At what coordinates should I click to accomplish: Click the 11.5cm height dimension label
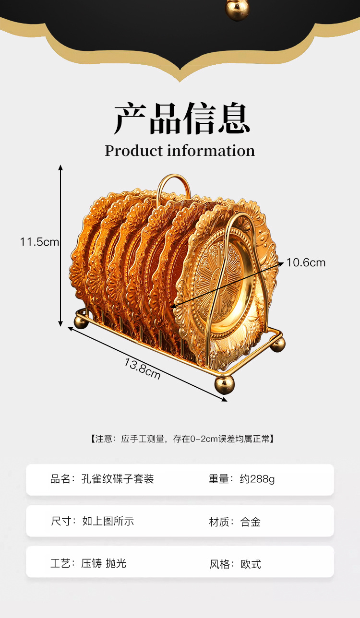(x=39, y=242)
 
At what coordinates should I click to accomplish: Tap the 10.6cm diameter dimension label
(x=306, y=262)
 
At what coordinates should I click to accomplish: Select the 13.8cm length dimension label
(x=143, y=368)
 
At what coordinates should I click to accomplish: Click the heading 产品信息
(x=181, y=119)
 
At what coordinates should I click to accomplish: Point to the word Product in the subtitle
(x=134, y=151)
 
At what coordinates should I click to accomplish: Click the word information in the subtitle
(x=211, y=151)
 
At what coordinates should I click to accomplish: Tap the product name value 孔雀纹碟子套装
(x=118, y=479)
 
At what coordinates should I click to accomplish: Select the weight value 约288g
(x=257, y=479)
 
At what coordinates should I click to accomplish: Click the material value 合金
(x=251, y=522)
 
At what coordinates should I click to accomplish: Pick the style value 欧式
(x=251, y=564)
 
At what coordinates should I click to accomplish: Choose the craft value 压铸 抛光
(x=104, y=563)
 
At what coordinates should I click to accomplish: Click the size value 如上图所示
(x=108, y=521)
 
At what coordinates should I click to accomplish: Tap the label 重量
(x=219, y=479)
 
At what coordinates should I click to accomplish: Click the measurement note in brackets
(x=181, y=439)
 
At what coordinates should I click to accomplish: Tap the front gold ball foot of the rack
(x=224, y=384)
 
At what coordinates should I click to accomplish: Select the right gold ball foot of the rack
(x=277, y=344)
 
